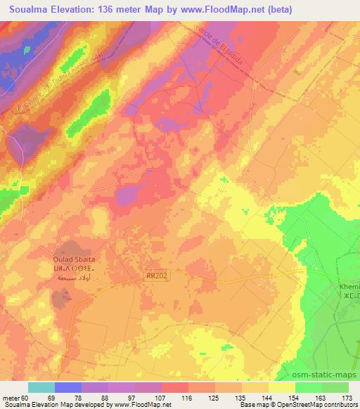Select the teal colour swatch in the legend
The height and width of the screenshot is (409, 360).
pos(41,387)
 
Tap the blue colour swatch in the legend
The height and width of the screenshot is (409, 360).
pos(67,387)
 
